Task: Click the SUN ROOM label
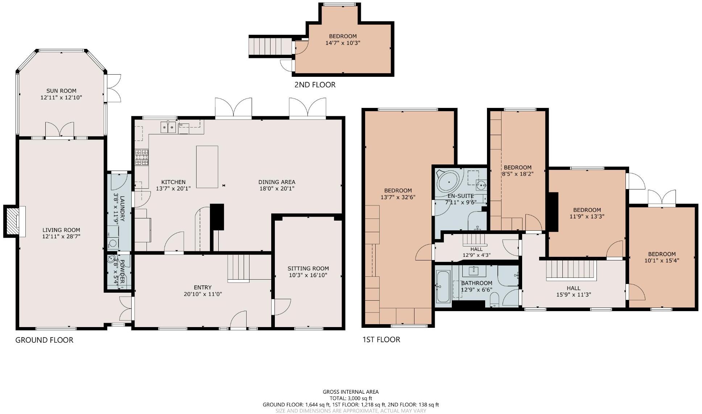click(61, 91)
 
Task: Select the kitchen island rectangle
click(207, 167)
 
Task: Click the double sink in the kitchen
click(168, 127)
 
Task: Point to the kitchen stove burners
click(142, 158)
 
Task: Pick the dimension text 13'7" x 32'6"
click(398, 197)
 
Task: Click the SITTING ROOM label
click(308, 268)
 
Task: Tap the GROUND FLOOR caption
click(44, 340)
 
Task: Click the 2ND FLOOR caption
click(315, 85)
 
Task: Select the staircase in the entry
click(239, 268)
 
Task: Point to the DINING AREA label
click(277, 182)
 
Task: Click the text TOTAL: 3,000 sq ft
click(351, 398)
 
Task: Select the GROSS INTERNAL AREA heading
click(351, 392)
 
